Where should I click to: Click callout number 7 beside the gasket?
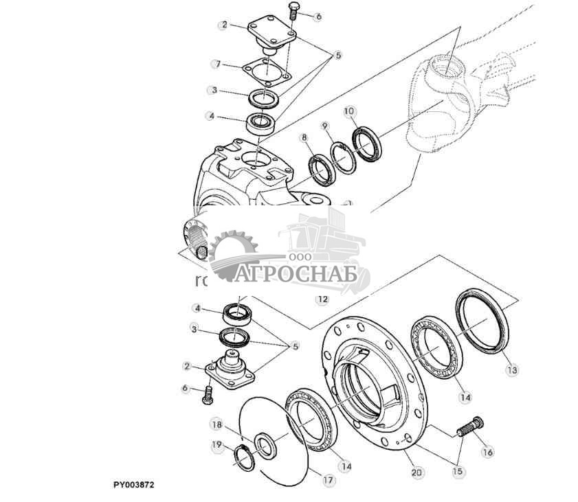[216, 65]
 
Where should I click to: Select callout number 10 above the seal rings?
[348, 111]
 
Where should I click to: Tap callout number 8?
[304, 137]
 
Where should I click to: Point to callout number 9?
[325, 126]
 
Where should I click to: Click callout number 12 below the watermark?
[322, 299]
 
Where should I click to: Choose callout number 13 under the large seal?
[511, 370]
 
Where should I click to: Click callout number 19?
[217, 446]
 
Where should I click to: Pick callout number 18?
[216, 424]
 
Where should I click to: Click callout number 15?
[456, 472]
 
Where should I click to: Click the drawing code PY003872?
[134, 485]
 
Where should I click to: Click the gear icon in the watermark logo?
[233, 255]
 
